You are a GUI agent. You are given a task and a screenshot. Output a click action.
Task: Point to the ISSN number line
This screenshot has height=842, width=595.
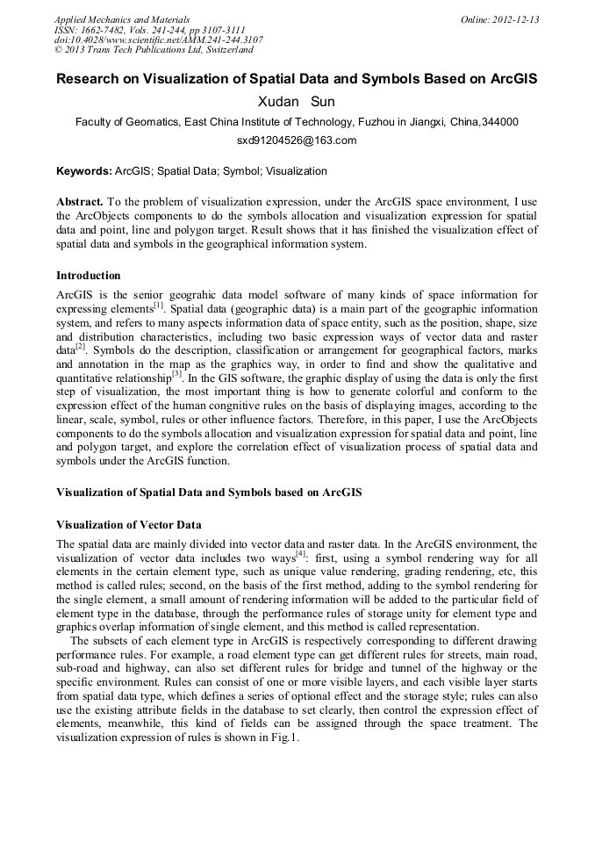tap(150, 30)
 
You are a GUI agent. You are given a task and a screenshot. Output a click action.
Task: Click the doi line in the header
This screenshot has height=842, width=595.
tap(159, 40)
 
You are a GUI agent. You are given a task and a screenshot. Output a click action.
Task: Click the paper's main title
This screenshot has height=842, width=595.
tap(297, 79)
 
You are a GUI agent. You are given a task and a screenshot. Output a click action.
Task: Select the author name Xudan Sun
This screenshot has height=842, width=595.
tap(296, 102)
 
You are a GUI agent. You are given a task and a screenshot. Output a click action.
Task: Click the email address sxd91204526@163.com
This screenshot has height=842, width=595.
tap(297, 140)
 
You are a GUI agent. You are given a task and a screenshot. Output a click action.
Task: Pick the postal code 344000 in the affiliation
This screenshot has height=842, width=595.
tap(499, 122)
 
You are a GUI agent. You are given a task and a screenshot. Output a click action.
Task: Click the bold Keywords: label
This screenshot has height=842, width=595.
tap(84, 171)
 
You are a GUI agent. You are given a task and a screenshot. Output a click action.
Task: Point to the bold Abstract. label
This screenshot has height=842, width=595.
tap(80, 201)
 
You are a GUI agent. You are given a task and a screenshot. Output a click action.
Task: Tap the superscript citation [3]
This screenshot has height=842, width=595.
tap(176, 373)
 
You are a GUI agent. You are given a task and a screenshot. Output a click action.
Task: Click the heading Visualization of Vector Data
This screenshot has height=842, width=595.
tap(129, 524)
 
